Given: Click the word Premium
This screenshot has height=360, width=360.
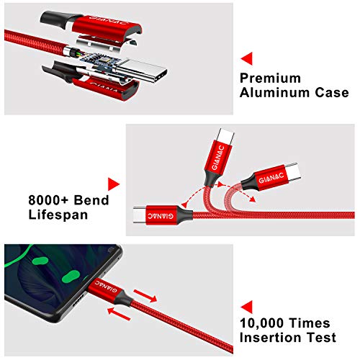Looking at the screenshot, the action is click(x=270, y=78).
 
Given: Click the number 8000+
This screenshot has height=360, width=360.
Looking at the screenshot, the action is click(x=48, y=200).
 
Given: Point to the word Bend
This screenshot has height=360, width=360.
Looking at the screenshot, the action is click(x=91, y=200).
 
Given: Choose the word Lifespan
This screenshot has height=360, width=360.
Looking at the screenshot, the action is click(x=58, y=215).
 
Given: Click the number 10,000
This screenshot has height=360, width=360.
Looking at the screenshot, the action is click(x=261, y=323).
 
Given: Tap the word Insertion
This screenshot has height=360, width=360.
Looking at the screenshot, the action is click(x=271, y=338).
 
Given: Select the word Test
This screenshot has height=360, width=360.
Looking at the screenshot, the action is click(x=322, y=338).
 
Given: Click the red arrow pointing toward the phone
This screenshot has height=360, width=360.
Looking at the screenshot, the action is click(x=119, y=314).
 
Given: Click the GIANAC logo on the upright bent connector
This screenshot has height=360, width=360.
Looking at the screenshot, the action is click(x=218, y=158).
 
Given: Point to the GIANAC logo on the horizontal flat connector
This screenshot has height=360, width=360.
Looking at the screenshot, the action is click(x=160, y=215).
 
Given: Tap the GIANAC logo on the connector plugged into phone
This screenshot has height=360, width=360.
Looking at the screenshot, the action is click(x=106, y=287).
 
